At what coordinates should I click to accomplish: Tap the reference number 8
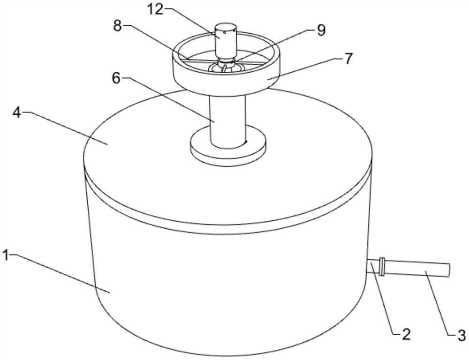(x=117, y=26)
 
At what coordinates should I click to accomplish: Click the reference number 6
(x=116, y=78)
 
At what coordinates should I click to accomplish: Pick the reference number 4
(x=17, y=112)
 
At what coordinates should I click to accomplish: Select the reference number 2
(x=406, y=335)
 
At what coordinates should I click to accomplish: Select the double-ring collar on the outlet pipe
(x=381, y=266)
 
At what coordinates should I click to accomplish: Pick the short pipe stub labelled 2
(x=372, y=266)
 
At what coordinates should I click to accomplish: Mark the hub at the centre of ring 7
(x=226, y=64)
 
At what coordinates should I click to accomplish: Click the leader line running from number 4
(x=65, y=127)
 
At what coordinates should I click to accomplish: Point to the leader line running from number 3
(x=439, y=303)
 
